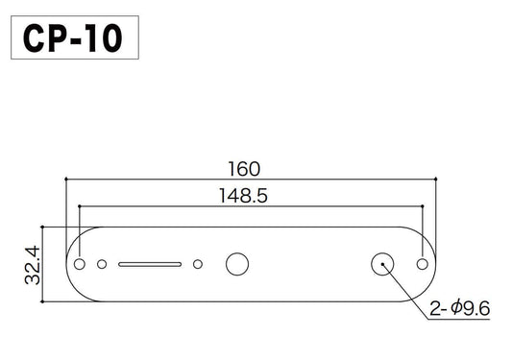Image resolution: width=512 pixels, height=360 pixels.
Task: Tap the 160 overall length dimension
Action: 243,168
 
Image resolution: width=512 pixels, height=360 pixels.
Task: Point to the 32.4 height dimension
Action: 32,263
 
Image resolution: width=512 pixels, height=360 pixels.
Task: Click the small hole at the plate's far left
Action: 81,263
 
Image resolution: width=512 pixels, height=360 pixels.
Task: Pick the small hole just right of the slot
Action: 198,263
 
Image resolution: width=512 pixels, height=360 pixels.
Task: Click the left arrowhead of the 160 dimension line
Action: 68,179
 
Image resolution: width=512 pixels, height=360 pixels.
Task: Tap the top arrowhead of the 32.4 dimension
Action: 42,230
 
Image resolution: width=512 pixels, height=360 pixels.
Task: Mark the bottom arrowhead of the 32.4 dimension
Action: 42,297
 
